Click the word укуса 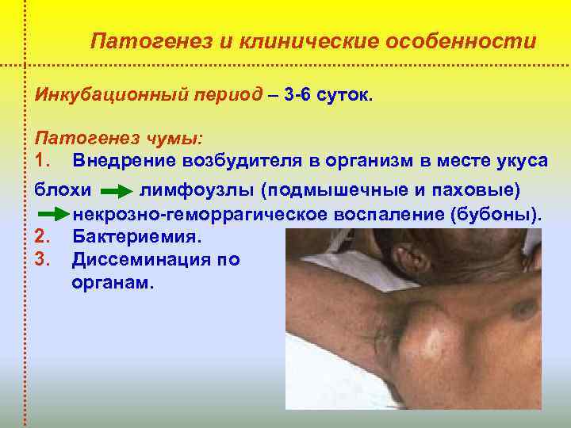[x=515, y=160]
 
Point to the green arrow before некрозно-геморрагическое [x=54, y=215]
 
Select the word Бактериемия [x=136, y=236]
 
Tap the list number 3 [x=43, y=258]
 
